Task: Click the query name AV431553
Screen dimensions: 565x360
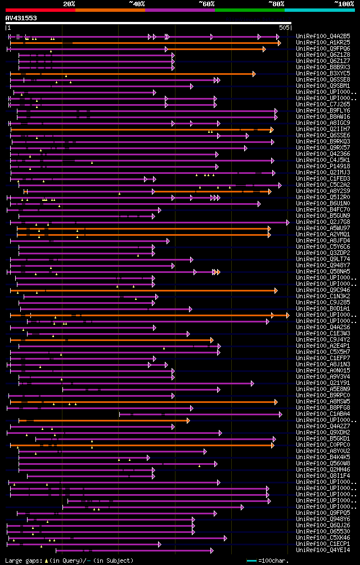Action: (x=21, y=18)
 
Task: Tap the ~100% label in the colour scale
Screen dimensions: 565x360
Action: (x=344, y=3)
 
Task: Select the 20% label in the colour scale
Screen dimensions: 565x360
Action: (x=69, y=3)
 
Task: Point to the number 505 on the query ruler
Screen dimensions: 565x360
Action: (x=284, y=27)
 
